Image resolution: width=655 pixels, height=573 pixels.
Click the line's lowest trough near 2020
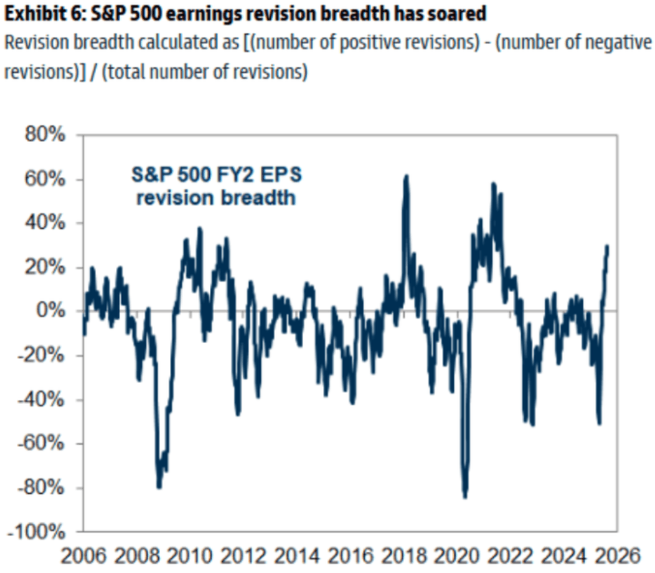pyautogui.click(x=465, y=497)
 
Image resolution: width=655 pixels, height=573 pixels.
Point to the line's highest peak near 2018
pyautogui.click(x=406, y=176)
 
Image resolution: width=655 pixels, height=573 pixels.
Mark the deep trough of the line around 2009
pyautogui.click(x=159, y=486)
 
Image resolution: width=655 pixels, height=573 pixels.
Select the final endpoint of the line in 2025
pyautogui.click(x=607, y=247)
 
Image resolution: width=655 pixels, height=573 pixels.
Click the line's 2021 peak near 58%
pyautogui.click(x=493, y=184)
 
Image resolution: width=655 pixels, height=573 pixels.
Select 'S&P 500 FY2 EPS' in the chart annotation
pyautogui.click(x=216, y=175)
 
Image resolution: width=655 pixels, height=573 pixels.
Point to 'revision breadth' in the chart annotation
pyautogui.click(x=216, y=198)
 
